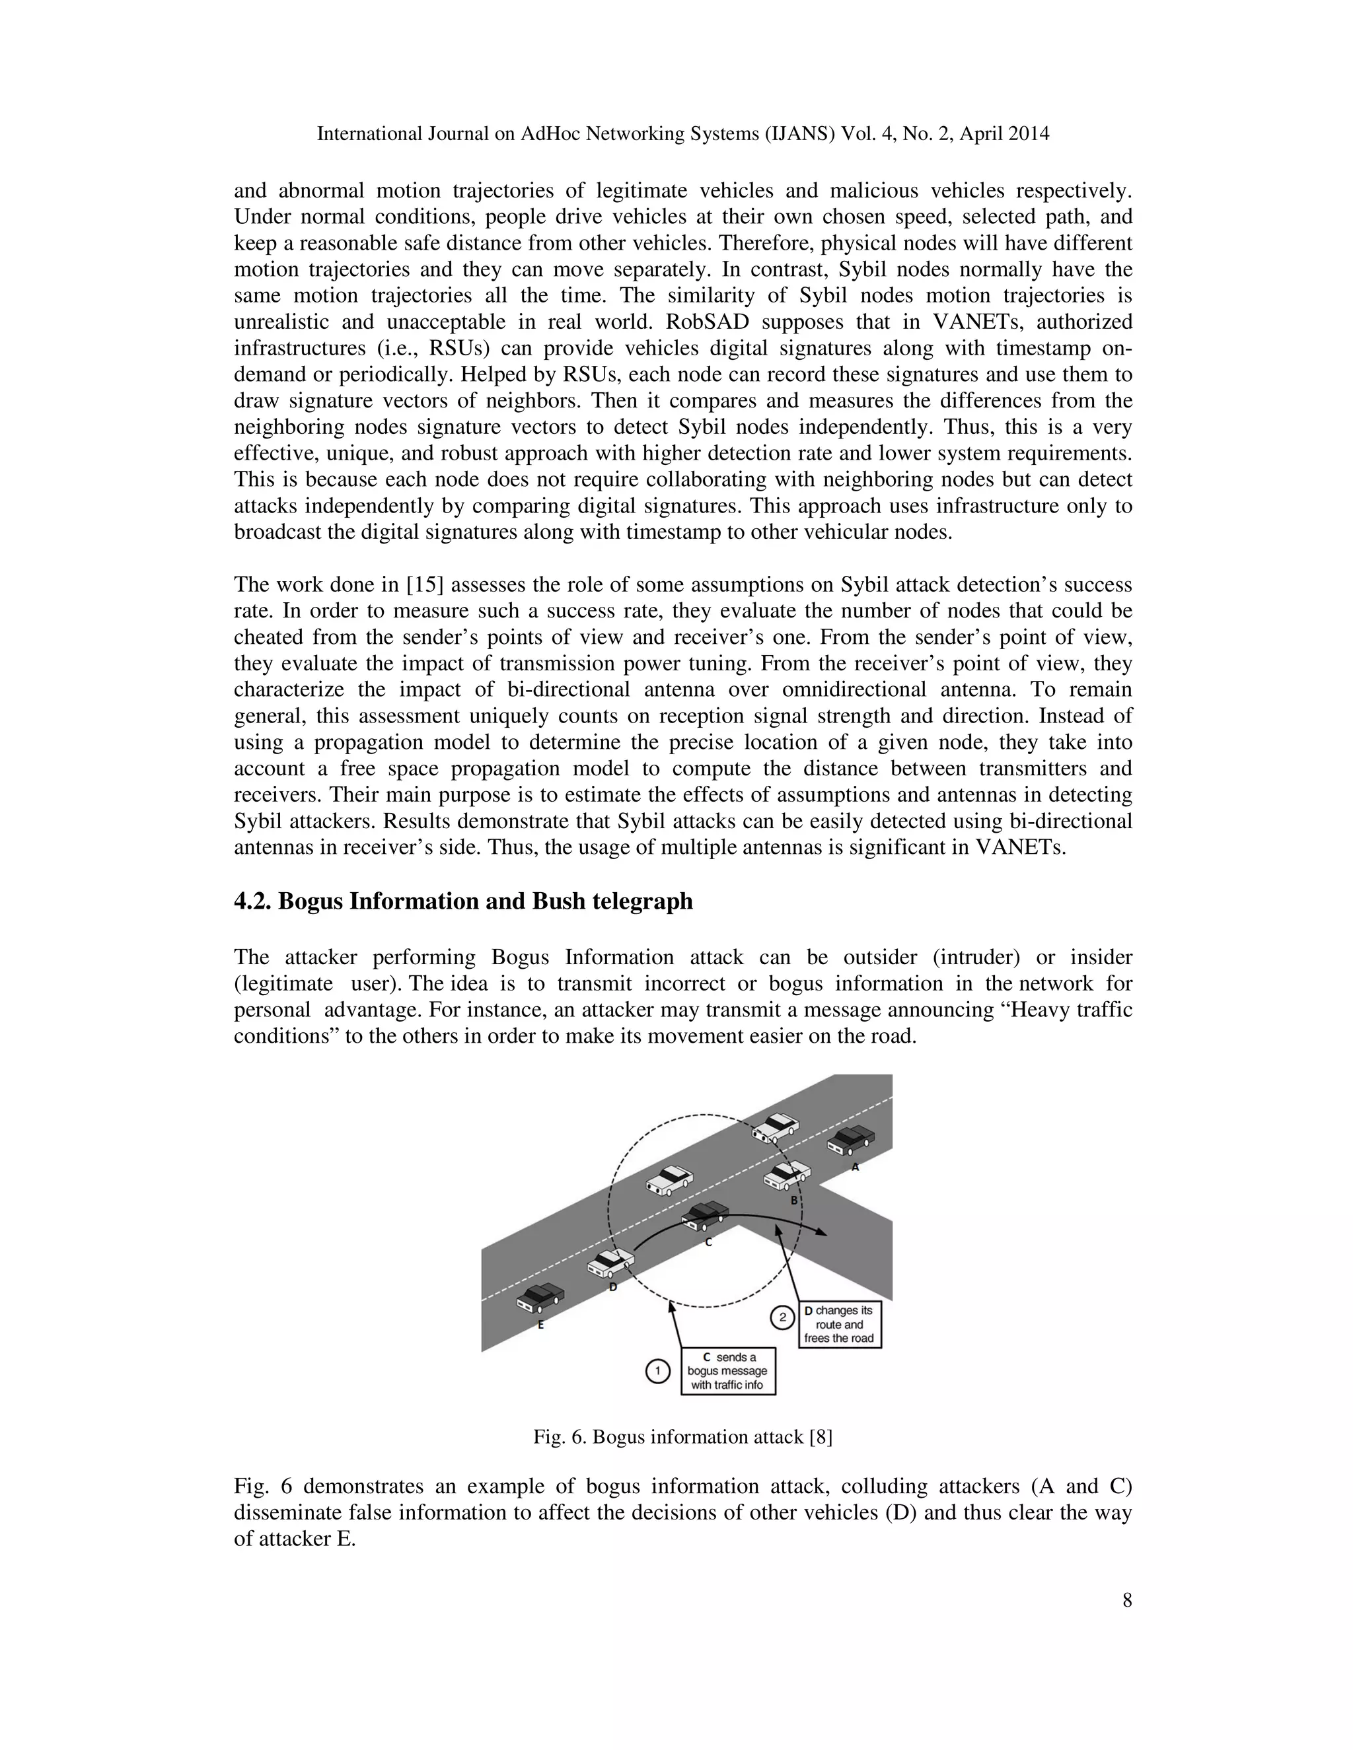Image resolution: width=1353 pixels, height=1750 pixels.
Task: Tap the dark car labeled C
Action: (706, 1216)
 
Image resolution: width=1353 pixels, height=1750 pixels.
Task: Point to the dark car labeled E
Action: (540, 1297)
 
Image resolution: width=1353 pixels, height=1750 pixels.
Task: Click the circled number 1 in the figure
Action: (657, 1372)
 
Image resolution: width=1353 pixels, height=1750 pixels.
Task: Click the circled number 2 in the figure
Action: (782, 1317)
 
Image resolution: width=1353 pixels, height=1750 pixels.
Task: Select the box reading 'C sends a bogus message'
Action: (728, 1371)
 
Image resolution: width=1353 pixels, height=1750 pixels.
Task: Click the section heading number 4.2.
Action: (252, 901)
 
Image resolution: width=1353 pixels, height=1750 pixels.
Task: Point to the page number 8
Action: (1127, 1600)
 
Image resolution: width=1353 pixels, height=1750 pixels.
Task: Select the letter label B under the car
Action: (794, 1201)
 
